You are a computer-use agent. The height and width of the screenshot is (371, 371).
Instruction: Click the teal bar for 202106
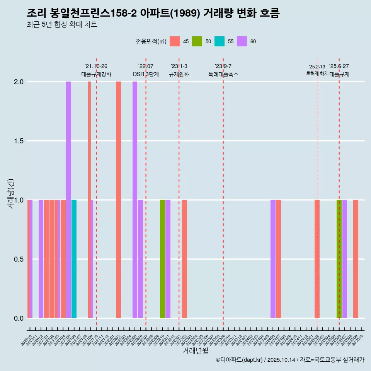74,259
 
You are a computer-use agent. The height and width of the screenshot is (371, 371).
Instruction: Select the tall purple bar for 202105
68,200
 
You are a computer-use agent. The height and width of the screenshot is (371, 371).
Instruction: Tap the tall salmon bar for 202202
118,200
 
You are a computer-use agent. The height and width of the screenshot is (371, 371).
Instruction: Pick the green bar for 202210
162,259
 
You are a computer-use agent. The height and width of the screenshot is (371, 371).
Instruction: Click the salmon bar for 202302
185,259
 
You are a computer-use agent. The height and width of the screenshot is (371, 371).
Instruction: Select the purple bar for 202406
273,259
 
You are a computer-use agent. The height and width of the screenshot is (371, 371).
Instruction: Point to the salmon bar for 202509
356,259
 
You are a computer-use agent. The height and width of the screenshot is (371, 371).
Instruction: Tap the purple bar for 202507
345,259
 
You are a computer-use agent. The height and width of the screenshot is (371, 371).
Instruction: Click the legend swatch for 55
220,41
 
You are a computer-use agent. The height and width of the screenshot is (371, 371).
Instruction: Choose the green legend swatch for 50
197,41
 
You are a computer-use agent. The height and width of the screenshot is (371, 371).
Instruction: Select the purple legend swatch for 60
242,41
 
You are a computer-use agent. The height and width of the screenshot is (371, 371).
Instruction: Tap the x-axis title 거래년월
196,351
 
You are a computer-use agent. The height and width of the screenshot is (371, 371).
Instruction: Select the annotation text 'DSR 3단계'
146,74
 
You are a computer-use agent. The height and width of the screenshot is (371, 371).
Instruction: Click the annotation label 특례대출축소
223,74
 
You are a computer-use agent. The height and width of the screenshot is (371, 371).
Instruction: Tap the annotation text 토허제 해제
317,73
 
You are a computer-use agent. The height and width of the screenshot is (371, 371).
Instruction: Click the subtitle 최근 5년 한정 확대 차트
62,25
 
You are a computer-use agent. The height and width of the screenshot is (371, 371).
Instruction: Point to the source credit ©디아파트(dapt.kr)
240,360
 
